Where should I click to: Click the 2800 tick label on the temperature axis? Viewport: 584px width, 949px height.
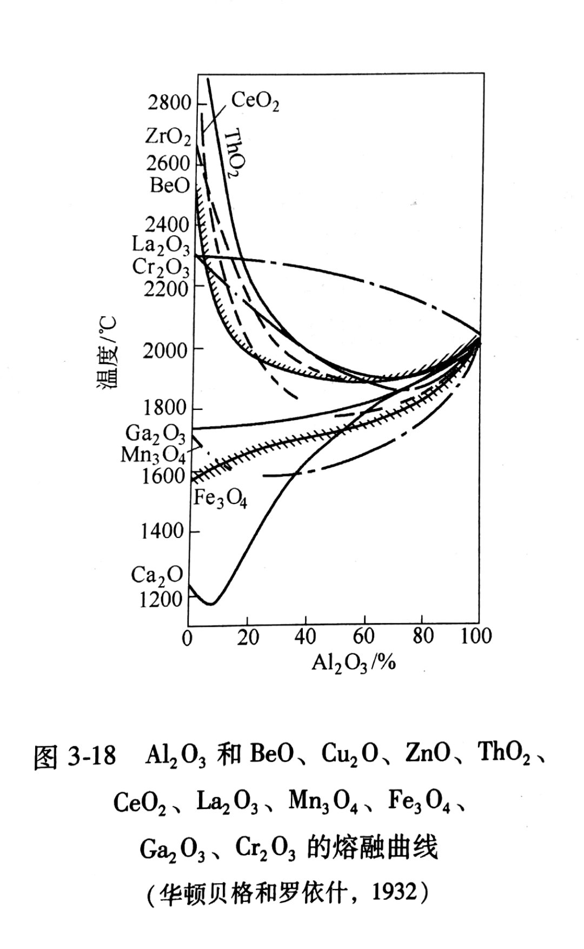pos(170,102)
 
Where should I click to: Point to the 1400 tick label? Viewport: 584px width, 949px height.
pos(162,531)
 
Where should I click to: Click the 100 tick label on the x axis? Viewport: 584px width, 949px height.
pos(476,636)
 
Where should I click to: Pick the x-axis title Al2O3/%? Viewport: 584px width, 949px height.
pos(354,662)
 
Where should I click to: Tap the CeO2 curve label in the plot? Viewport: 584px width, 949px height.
pos(255,101)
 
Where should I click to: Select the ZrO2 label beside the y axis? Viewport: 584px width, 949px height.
pos(168,136)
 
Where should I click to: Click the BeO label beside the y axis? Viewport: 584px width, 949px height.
pos(170,186)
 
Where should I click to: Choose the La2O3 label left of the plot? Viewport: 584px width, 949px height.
pos(161,245)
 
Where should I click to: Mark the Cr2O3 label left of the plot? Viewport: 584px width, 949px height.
pos(161,267)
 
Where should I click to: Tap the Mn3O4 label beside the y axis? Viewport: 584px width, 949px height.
pos(153,455)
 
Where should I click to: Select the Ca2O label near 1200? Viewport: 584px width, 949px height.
pos(157,575)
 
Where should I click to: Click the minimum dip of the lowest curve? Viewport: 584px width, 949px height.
pos(211,603)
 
